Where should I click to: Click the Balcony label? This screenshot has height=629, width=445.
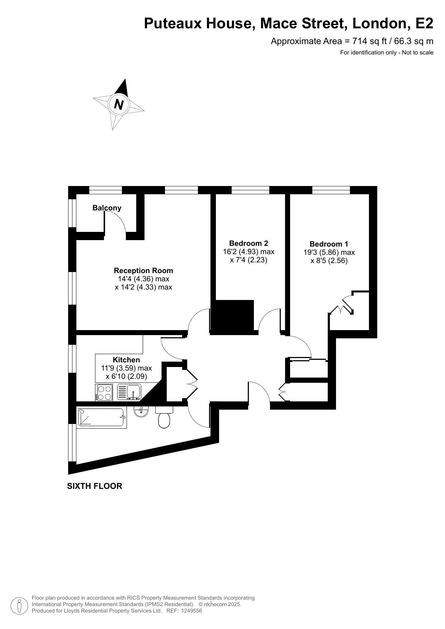coord(107,208)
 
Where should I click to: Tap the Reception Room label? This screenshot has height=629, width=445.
coord(143,271)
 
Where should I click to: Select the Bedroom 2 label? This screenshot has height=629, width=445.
coord(248,243)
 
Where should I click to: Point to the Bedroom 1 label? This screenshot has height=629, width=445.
coord(329,244)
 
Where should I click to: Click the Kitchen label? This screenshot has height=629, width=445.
coord(126,360)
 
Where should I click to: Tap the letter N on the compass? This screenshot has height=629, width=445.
coord(119,104)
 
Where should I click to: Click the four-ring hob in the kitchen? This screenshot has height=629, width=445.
coord(104,392)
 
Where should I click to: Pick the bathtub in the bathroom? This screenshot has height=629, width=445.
coord(102,418)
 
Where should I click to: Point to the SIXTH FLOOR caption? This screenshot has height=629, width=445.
coord(95,486)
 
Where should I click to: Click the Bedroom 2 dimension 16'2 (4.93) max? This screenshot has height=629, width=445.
coord(248,252)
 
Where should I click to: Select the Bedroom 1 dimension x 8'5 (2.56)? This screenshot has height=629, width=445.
coord(329,261)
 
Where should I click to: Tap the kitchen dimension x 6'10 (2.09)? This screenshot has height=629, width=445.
coord(126,376)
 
